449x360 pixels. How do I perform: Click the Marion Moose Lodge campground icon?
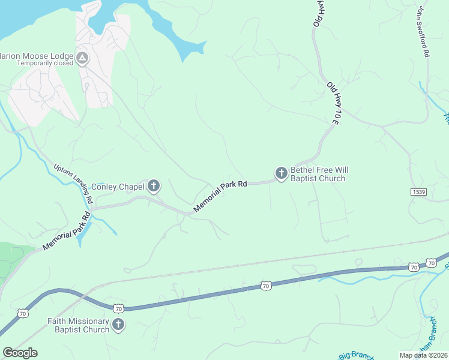click(82, 58)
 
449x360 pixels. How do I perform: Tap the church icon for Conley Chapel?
click(154, 186)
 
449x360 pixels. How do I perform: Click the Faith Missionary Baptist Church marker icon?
click(118, 325)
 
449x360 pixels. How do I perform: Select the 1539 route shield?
click(419, 191)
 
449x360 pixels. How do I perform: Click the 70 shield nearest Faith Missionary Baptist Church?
click(118, 308)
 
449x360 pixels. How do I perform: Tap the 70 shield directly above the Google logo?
click(23, 313)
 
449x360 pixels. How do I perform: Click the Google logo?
click(20, 353)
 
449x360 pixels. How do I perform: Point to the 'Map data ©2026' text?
click(424, 355)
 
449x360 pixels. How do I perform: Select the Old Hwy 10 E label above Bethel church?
click(334, 104)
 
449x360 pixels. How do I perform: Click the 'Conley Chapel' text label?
click(118, 187)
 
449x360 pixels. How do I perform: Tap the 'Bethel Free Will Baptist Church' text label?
click(318, 174)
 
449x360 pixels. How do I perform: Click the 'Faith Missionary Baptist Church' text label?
click(79, 325)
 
